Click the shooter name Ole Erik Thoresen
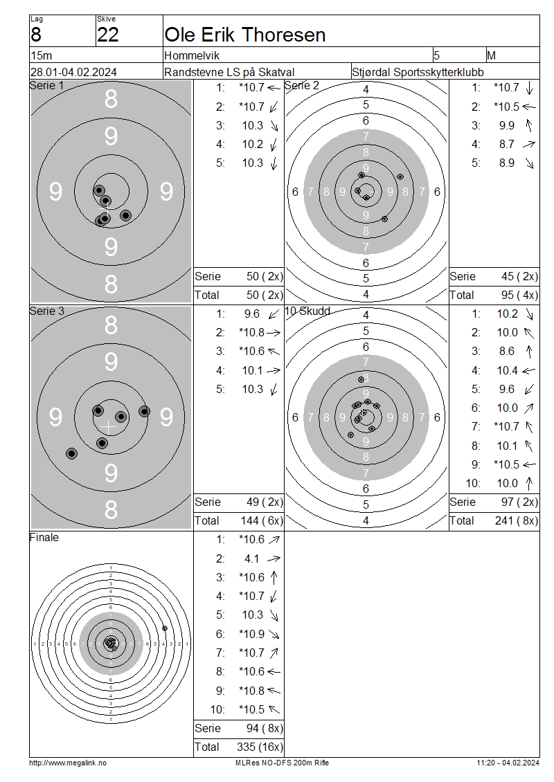[x=244, y=35]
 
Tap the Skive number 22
[x=108, y=35]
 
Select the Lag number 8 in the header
[x=36, y=35]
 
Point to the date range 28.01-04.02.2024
[x=74, y=72]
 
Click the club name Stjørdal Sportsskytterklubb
[x=418, y=72]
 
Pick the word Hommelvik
[x=192, y=55]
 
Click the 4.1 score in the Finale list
[x=251, y=558]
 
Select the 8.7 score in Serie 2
[x=507, y=144]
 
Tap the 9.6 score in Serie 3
[x=251, y=313]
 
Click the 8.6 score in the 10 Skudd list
[x=507, y=351]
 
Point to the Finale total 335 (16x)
[x=260, y=747]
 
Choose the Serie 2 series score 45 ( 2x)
[x=519, y=276]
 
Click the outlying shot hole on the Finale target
[x=165, y=628]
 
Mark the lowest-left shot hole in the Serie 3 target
[x=72, y=453]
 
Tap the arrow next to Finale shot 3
[x=274, y=578]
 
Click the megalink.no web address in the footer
[x=68, y=763]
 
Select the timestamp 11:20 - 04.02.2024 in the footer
[x=508, y=763]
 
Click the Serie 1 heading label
[x=47, y=86]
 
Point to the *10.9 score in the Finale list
[x=251, y=634]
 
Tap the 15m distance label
[x=42, y=55]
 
